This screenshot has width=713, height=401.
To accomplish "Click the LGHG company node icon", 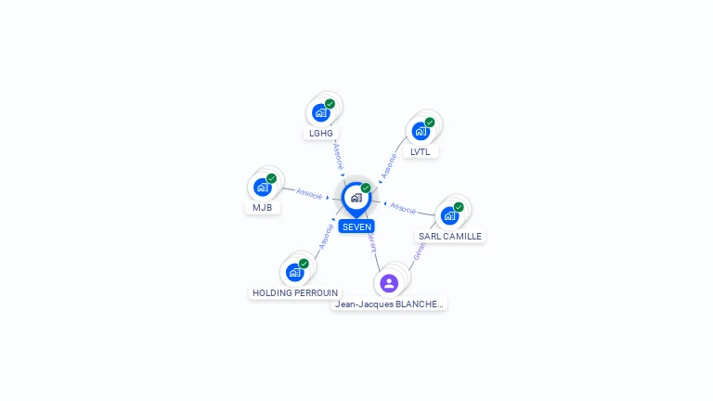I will click(321, 112).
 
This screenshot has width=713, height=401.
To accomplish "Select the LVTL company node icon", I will click(421, 131).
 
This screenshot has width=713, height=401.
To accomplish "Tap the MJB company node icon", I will click(263, 187).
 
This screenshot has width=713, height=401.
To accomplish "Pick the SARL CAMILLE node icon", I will click(449, 215).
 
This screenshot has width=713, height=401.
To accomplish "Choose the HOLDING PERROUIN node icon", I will click(295, 272).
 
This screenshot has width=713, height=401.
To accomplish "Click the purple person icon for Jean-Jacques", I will click(389, 283).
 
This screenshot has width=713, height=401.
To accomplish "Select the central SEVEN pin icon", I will click(356, 198).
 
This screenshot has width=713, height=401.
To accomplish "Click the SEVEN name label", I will click(356, 226).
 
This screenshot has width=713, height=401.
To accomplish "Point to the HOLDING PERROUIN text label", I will click(295, 292).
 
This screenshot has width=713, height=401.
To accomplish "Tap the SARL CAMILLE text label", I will click(450, 237).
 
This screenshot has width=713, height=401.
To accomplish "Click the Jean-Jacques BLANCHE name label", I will click(389, 304).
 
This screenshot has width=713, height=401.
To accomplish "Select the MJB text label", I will click(263, 207).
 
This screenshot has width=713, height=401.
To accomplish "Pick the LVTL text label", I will click(421, 151).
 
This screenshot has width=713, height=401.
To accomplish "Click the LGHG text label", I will click(321, 133).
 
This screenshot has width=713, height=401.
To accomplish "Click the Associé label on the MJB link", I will click(309, 194).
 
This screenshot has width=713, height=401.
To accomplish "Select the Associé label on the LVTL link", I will click(389, 165).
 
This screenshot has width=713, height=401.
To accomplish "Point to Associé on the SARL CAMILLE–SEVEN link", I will click(403, 207).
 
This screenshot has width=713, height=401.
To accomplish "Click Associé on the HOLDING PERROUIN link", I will click(326, 236).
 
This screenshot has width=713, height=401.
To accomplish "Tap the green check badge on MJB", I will click(271, 178).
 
